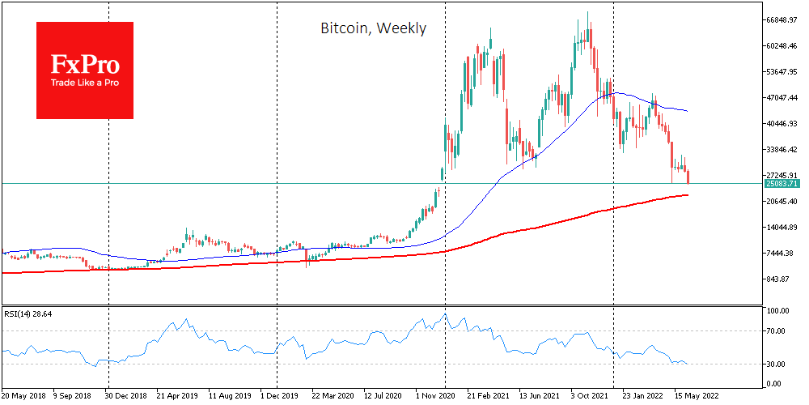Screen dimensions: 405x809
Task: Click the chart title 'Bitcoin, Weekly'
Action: pos(373,28)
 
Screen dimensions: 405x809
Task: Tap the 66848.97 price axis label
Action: pos(783,20)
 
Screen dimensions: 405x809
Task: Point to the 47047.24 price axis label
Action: pos(783,98)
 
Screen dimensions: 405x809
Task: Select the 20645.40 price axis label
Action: pos(783,202)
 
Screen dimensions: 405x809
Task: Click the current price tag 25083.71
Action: pos(782,184)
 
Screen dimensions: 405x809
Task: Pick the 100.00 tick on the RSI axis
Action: pos(777,311)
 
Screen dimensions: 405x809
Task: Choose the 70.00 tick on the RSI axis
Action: pos(776,331)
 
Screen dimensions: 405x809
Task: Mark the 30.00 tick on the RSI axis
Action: pos(776,364)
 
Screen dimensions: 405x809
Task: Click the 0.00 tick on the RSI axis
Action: pos(774,384)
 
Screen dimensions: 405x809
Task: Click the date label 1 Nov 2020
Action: pos(437,397)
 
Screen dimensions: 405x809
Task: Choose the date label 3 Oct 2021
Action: pos(589,397)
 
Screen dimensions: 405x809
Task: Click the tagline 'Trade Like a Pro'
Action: pos(85,83)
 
